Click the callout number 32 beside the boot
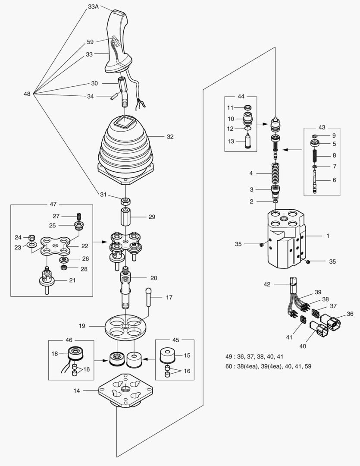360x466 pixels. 170,136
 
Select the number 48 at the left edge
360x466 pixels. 27,94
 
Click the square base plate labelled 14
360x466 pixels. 125,391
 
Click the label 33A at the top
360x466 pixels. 94,7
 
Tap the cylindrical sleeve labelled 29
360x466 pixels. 125,217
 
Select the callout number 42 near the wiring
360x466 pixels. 267,284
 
